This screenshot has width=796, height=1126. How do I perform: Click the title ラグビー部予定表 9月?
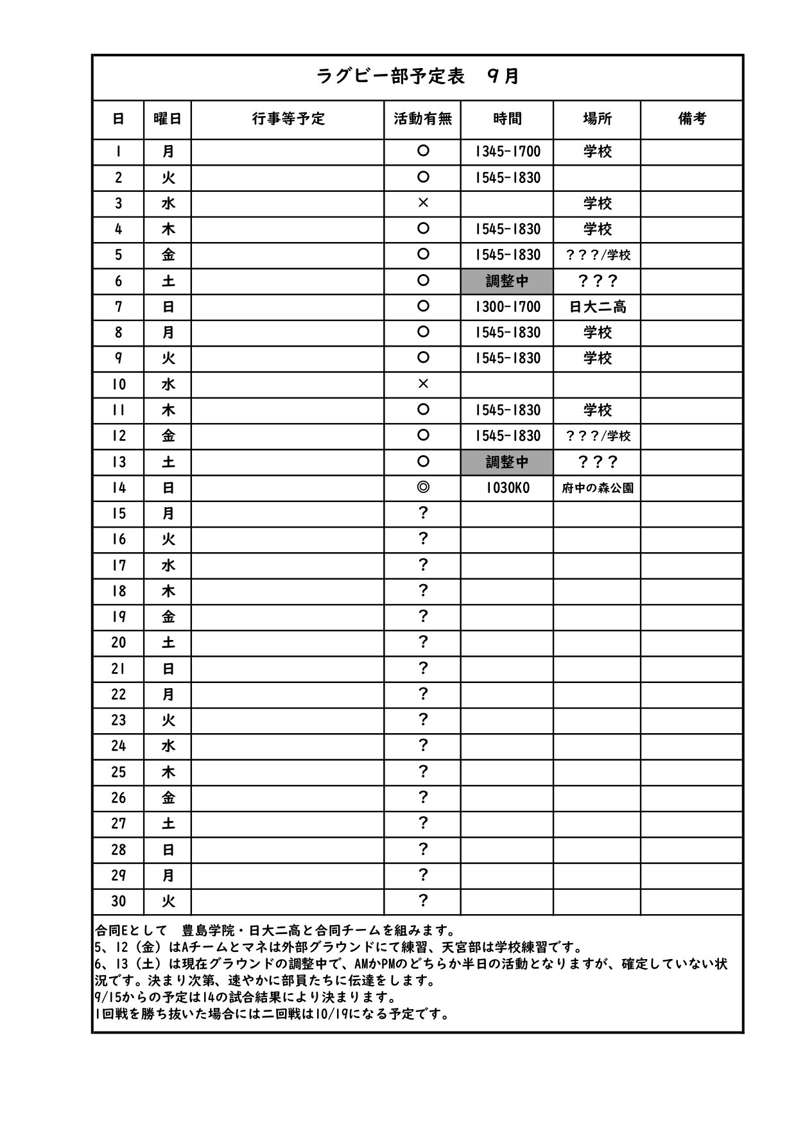point(417,77)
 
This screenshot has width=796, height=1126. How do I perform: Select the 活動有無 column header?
point(422,119)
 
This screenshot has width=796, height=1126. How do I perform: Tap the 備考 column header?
point(691,119)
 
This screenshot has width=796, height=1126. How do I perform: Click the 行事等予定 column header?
point(288,119)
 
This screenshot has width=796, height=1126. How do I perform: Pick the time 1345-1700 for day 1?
point(507,152)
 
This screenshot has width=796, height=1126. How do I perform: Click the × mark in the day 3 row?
point(422,204)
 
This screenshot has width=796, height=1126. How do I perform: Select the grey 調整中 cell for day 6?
point(507,281)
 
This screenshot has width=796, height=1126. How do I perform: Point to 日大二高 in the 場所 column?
point(597,307)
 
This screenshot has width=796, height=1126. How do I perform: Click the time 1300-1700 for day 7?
point(507,307)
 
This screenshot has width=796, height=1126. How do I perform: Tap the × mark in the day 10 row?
point(422,385)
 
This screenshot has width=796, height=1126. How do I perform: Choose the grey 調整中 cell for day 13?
point(507,462)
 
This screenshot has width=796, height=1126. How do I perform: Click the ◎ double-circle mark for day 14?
point(422,488)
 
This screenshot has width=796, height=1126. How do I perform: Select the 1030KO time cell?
point(507,488)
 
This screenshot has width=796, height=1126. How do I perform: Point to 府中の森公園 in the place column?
point(597,488)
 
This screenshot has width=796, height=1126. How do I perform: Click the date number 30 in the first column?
point(119,901)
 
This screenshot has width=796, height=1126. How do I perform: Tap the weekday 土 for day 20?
point(168,643)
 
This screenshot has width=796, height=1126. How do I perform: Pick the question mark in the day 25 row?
point(422,772)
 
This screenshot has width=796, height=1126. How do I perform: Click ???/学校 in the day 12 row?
point(597,437)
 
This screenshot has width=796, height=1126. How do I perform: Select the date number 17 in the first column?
point(119,566)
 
